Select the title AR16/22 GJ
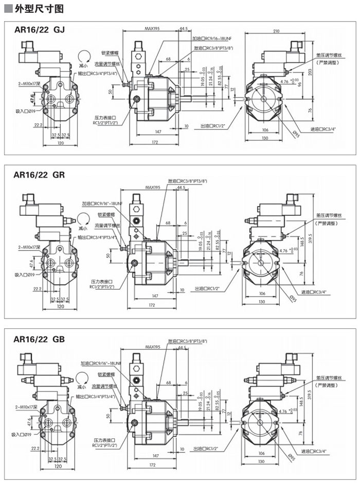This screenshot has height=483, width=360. tap(40, 30)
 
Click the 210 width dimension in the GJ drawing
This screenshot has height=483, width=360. tap(276, 32)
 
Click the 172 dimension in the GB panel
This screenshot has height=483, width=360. tap(152, 465)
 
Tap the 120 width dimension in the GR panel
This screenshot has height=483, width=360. tap(61, 307)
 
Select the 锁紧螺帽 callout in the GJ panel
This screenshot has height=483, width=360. tap(110, 52)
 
